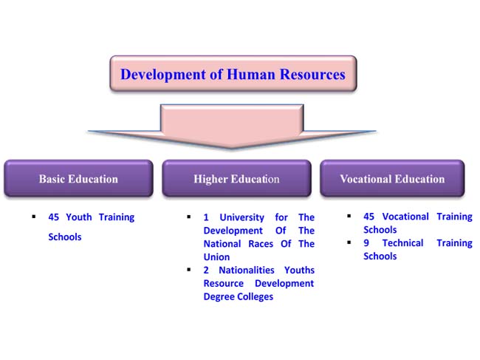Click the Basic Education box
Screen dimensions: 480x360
(79, 178)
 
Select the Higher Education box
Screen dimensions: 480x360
(236, 178)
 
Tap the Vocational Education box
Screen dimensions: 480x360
(392, 178)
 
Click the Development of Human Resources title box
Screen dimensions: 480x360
(233, 73)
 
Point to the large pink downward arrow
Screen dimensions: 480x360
(232, 126)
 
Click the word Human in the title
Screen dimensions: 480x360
(251, 75)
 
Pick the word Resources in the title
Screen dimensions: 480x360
(312, 75)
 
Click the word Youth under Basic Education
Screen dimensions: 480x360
(79, 217)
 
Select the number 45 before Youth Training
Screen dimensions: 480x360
(54, 217)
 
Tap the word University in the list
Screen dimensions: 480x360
(241, 217)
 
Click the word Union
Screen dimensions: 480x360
(216, 257)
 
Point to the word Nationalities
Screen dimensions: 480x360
(247, 270)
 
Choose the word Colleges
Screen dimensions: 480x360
(256, 297)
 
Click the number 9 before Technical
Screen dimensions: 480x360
(366, 242)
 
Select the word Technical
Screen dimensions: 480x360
(403, 242)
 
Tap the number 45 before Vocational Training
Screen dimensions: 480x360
(369, 217)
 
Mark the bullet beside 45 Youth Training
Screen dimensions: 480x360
(34, 217)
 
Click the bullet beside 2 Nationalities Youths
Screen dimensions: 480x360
(189, 270)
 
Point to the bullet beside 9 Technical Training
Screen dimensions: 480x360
(349, 242)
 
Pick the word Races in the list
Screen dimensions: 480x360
(261, 244)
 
